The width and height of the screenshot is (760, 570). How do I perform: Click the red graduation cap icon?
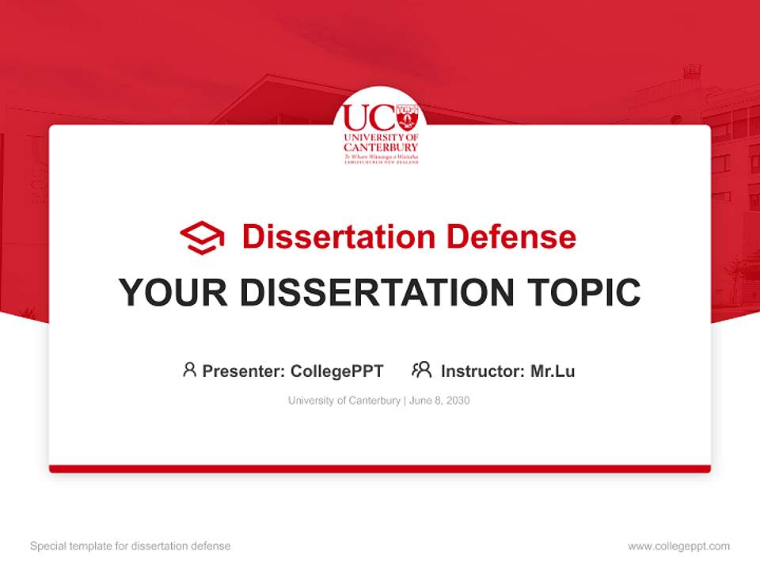202,237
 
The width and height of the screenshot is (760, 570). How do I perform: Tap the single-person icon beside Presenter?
189,370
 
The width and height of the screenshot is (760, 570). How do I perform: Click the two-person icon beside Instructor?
421,370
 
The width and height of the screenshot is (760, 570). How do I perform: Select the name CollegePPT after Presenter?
337,371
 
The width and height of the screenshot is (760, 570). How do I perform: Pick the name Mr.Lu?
553,371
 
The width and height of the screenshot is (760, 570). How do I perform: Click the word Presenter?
244,371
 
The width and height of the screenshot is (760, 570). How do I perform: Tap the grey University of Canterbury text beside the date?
344,401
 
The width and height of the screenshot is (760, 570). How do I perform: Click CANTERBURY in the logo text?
380,147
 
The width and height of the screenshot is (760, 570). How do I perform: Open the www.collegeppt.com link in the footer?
678,546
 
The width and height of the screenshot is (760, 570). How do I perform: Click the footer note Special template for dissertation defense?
131,546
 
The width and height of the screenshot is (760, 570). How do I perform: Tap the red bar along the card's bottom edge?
380,469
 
